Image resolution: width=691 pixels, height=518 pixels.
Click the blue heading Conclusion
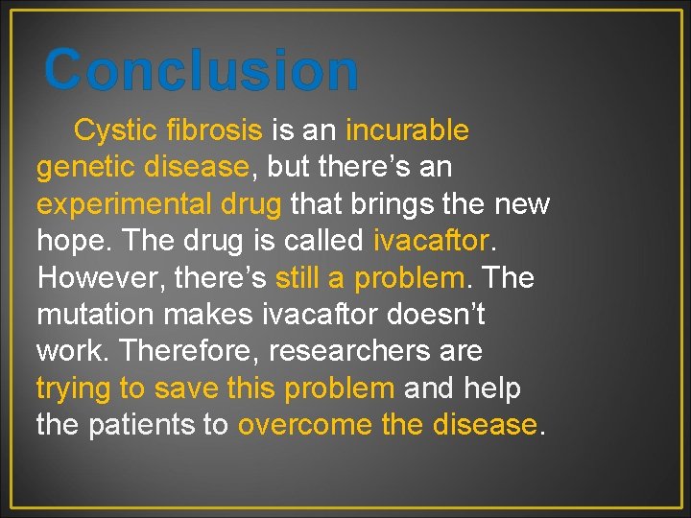point(202,71)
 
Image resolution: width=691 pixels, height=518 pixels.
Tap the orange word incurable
point(407,129)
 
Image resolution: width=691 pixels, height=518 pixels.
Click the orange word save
point(186,388)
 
